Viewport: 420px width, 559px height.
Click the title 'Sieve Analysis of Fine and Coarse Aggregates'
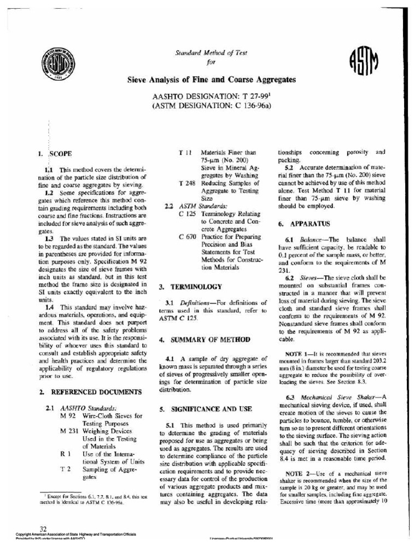(212, 80)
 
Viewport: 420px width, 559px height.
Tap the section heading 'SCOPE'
(61, 154)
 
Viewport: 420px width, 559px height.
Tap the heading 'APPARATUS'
(310, 224)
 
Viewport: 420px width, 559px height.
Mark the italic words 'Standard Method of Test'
(211, 53)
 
